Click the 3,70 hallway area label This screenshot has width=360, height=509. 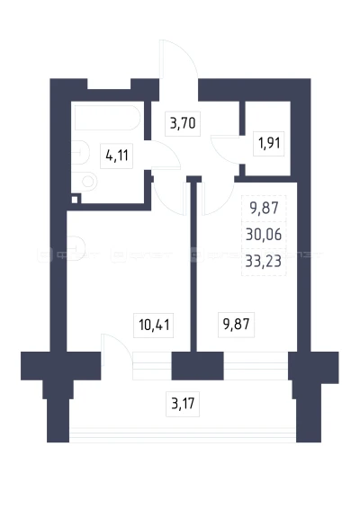pyautogui.click(x=183, y=124)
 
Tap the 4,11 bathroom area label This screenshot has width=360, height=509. pyautogui.click(x=117, y=156)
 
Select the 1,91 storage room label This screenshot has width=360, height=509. pyautogui.click(x=269, y=144)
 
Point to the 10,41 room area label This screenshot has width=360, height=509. pyautogui.click(x=154, y=325)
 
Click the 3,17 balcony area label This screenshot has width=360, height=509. pyautogui.click(x=183, y=404)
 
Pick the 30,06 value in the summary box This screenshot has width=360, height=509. pyautogui.click(x=264, y=235)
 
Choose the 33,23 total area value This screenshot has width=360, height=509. pyautogui.click(x=264, y=261)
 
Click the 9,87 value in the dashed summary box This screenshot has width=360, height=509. pyautogui.click(x=264, y=208)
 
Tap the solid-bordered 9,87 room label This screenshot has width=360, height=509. pyautogui.click(x=236, y=325)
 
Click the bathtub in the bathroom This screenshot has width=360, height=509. pyautogui.click(x=108, y=118)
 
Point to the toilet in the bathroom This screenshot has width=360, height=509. pyautogui.click(x=80, y=152)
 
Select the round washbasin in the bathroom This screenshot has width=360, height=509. pyautogui.click(x=87, y=181)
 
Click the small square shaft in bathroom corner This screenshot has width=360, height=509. pyautogui.click(x=75, y=200)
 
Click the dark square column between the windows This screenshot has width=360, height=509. pyautogui.click(x=197, y=366)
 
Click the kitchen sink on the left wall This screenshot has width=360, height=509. pyautogui.click(x=76, y=249)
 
